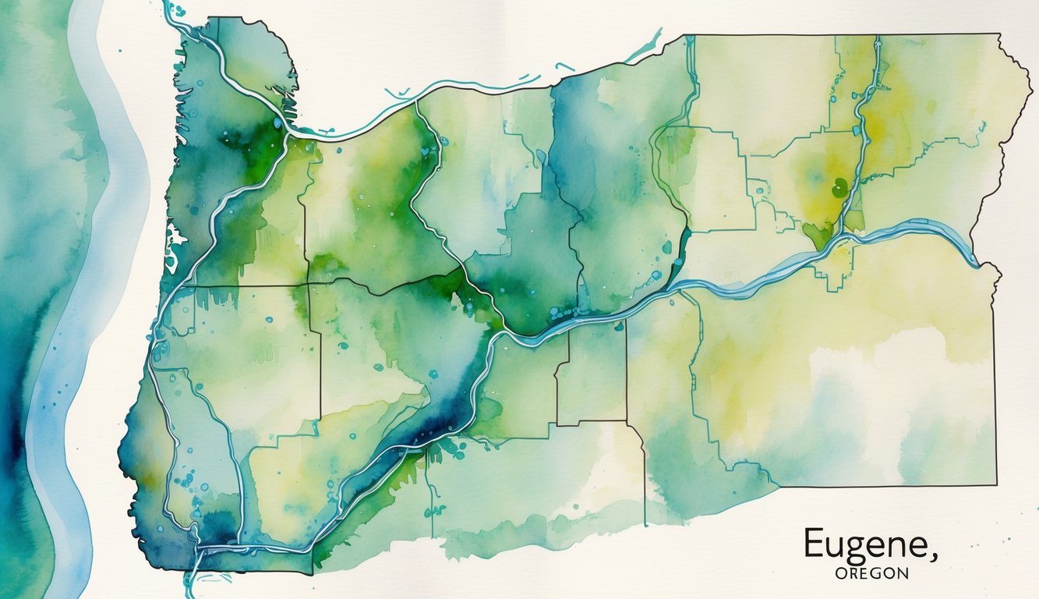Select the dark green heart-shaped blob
coord(839,187)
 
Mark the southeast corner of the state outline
coord(995,486)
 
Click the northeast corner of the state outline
coord(1000,35)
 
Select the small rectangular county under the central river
coord(592,374)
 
